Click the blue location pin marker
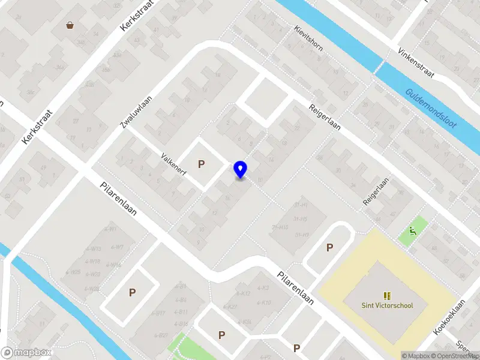(x=240, y=170)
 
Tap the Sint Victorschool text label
(x=387, y=305)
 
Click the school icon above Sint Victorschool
(x=387, y=295)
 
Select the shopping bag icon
(x=71, y=25)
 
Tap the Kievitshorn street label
(x=309, y=38)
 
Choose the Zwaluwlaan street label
(x=135, y=112)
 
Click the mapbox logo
(x=26, y=353)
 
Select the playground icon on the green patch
(x=413, y=232)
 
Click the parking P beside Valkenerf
(x=202, y=164)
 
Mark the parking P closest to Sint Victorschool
(x=329, y=247)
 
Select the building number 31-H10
(x=280, y=227)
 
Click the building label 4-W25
(x=74, y=272)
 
